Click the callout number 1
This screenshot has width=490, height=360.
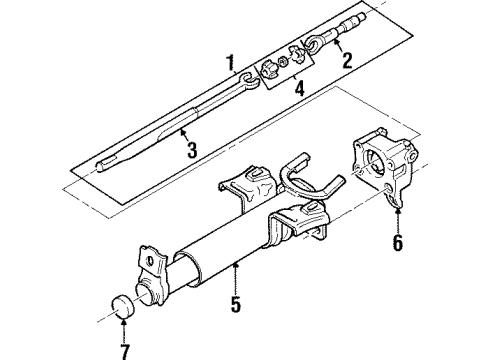230,63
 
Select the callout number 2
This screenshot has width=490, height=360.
347,60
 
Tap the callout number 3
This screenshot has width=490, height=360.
192,150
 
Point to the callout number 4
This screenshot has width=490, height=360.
299,88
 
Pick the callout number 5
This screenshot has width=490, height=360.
236,304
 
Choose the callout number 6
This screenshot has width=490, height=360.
398,242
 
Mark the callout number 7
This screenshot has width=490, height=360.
124,351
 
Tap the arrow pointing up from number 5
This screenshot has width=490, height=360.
236,278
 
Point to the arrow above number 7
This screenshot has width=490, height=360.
124,330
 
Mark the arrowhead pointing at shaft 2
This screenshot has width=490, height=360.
336,42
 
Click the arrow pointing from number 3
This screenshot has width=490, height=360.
184,136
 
